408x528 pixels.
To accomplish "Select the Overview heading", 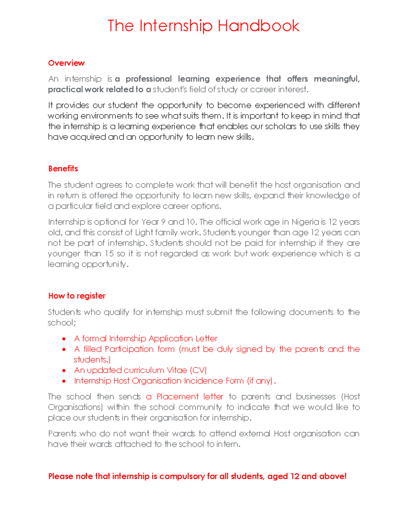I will tap(66, 63).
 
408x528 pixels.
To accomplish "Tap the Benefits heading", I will tap(63, 169).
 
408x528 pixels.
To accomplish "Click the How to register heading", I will tap(77, 296).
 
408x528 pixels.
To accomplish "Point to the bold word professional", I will tap(149, 79).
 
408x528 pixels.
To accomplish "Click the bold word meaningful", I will tap(336, 79).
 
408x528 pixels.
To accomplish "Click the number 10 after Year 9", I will tap(191, 222).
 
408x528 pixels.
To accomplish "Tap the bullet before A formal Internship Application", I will tap(64, 339).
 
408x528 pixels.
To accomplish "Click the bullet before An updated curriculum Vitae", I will tap(64, 371).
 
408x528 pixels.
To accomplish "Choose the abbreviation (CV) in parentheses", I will tap(198, 370).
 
